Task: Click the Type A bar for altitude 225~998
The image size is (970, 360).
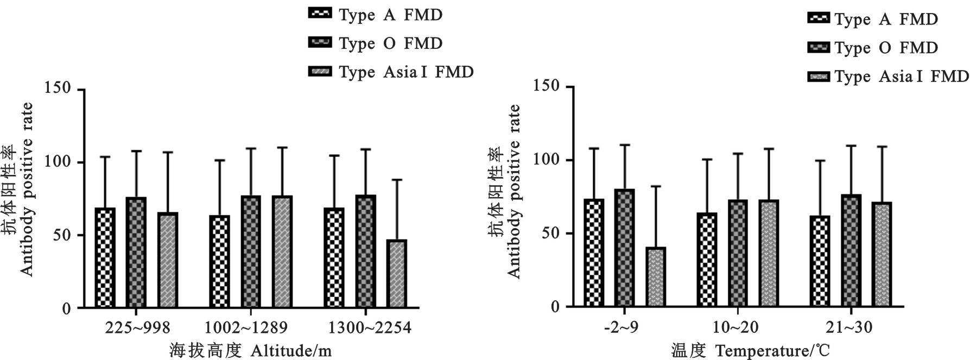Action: (x=105, y=258)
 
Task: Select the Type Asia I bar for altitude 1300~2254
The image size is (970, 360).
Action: (x=397, y=274)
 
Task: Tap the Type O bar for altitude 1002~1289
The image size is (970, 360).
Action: (x=251, y=252)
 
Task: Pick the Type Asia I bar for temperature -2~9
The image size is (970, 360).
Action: (x=656, y=277)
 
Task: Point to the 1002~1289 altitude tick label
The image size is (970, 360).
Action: (x=246, y=327)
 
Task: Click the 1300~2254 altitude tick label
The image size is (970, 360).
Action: (x=370, y=327)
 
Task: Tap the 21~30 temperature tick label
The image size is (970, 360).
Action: (x=849, y=327)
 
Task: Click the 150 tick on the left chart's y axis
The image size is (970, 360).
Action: (x=59, y=88)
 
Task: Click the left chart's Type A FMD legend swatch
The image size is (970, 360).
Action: (x=320, y=14)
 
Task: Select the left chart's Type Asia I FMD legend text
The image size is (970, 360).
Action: (x=406, y=72)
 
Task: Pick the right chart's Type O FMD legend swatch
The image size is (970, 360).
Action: (x=819, y=48)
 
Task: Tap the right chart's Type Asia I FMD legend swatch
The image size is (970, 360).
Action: (x=819, y=77)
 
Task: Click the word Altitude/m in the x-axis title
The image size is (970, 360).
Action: (x=291, y=351)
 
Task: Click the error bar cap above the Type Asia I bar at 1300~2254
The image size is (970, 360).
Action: (x=397, y=180)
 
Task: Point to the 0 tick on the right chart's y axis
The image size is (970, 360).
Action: (x=554, y=307)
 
